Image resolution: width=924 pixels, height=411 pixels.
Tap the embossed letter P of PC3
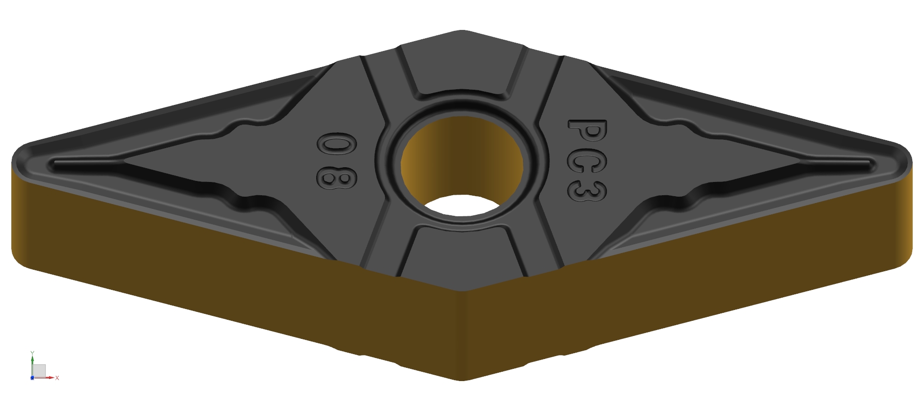(x=588, y=131)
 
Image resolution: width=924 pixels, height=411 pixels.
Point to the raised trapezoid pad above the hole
(x=462, y=69)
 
